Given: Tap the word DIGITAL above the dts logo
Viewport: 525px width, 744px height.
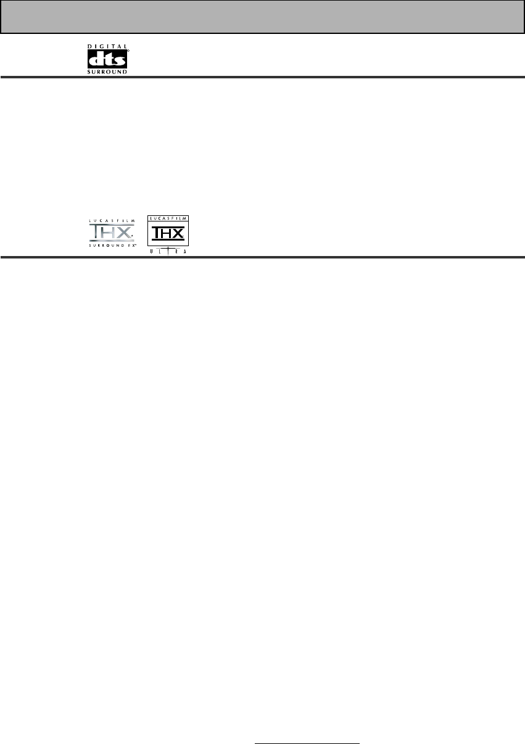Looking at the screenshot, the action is coord(107,46).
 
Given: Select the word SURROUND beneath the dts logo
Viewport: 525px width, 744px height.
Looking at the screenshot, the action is coord(107,72).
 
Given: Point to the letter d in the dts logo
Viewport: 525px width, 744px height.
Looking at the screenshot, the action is coord(96,59).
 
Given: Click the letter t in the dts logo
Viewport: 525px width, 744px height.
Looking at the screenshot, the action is coord(108,59).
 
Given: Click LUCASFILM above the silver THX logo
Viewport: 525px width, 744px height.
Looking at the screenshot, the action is coord(108,220).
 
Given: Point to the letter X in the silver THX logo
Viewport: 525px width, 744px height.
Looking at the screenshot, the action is coord(122,233).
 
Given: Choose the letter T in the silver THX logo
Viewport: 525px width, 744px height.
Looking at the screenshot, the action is coord(94,233).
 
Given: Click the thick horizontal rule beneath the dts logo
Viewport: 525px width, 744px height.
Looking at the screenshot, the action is coord(262,77).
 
